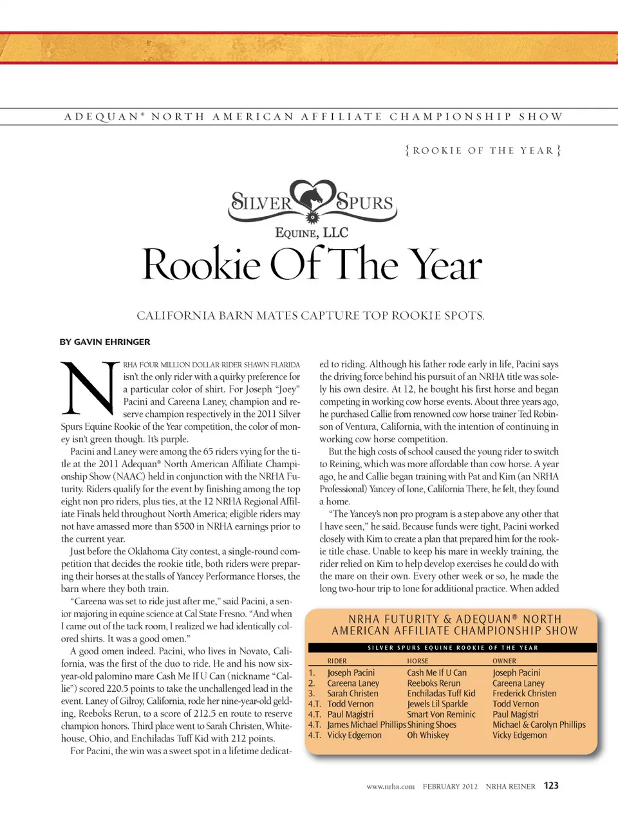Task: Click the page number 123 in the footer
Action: click(x=551, y=785)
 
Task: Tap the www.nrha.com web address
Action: click(x=390, y=786)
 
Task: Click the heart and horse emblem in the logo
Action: click(x=314, y=196)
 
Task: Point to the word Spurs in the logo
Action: click(x=365, y=202)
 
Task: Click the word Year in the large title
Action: click(x=445, y=264)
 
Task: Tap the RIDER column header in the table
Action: click(x=337, y=661)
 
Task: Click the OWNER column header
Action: click(x=504, y=661)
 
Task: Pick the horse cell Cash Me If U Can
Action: click(x=436, y=672)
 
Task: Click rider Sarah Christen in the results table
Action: click(x=352, y=694)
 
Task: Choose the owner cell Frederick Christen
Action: click(x=524, y=694)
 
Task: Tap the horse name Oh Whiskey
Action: click(x=427, y=735)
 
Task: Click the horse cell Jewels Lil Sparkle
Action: click(x=437, y=704)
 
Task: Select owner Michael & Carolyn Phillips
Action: click(x=539, y=725)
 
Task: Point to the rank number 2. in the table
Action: click(x=312, y=683)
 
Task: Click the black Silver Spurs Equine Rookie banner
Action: click(x=452, y=648)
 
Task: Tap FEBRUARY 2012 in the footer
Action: click(x=450, y=786)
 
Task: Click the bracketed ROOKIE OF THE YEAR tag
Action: click(x=483, y=151)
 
